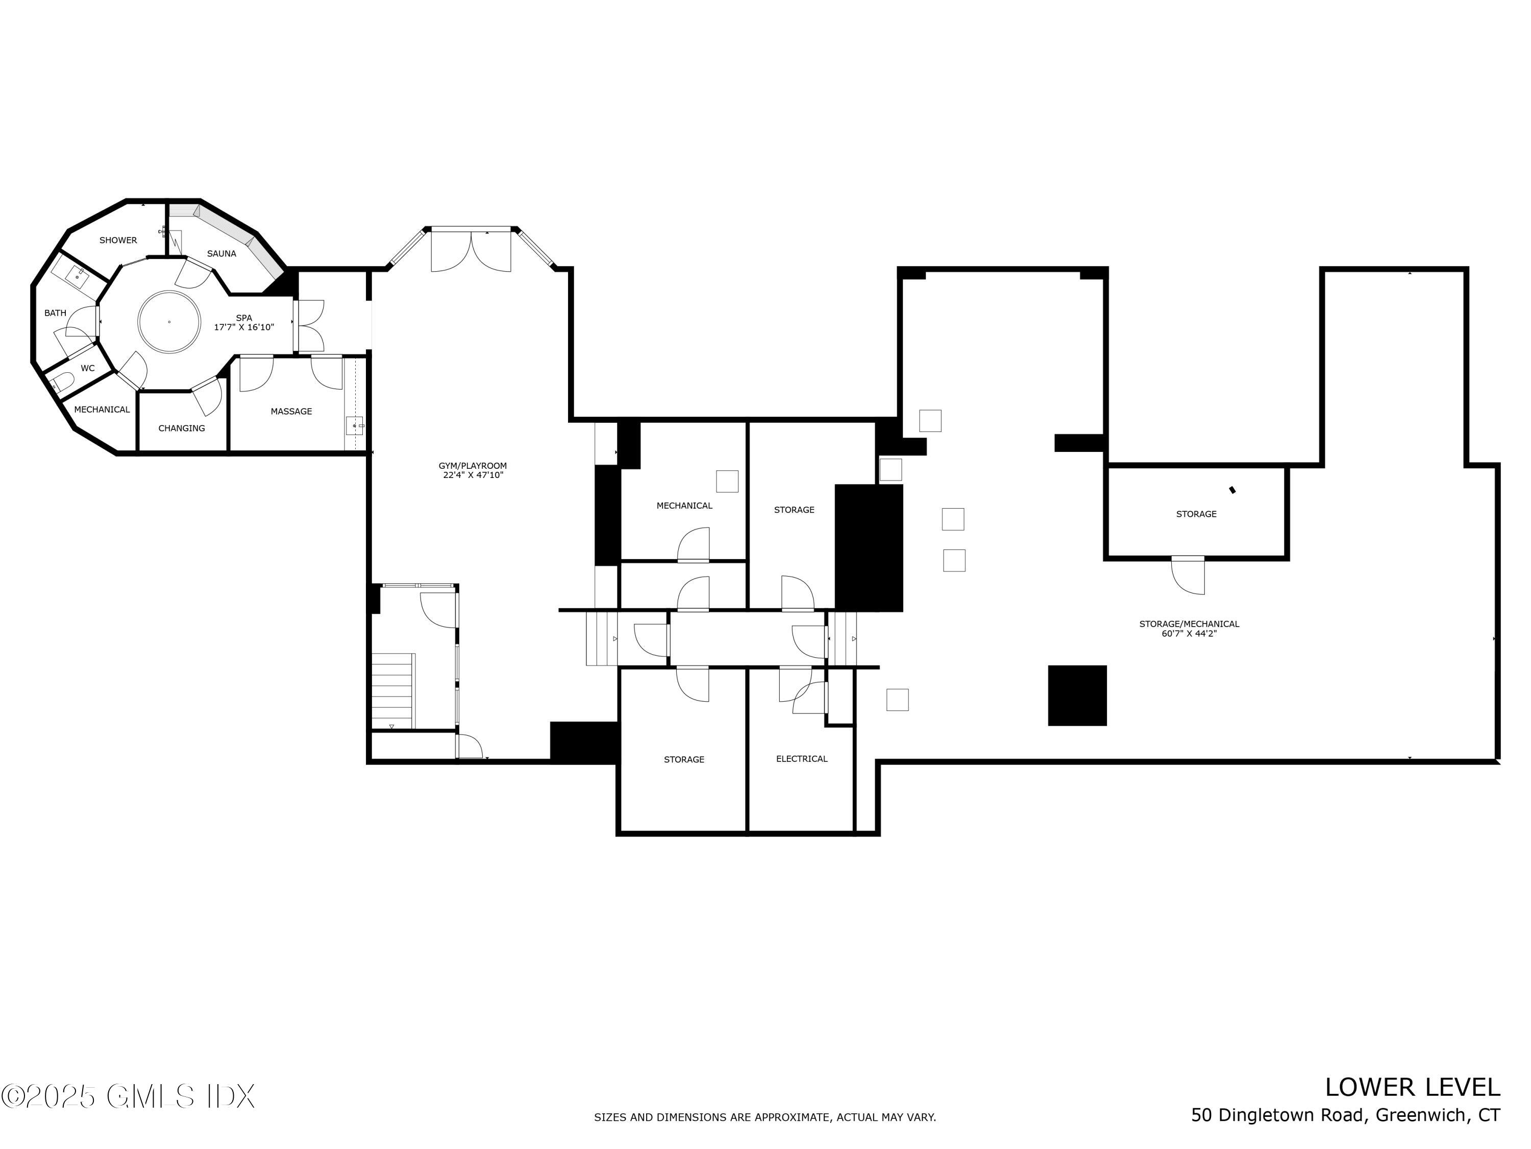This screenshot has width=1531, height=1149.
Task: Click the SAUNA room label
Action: (x=221, y=253)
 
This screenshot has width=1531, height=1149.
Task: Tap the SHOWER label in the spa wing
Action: (x=118, y=241)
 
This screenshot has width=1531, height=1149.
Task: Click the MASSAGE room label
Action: (x=291, y=412)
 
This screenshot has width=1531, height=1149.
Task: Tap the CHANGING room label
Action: (x=181, y=428)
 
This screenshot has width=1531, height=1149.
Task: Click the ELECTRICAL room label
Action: (x=802, y=758)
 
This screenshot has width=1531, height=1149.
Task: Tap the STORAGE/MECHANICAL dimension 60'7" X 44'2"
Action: (x=1189, y=633)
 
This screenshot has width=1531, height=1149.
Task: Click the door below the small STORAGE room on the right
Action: (x=1188, y=575)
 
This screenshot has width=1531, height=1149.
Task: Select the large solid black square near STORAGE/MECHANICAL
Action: (x=1077, y=696)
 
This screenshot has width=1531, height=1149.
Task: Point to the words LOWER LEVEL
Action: (x=1412, y=1087)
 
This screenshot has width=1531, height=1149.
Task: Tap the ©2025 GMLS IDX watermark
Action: (x=128, y=1096)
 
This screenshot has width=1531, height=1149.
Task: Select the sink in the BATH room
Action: (x=77, y=276)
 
